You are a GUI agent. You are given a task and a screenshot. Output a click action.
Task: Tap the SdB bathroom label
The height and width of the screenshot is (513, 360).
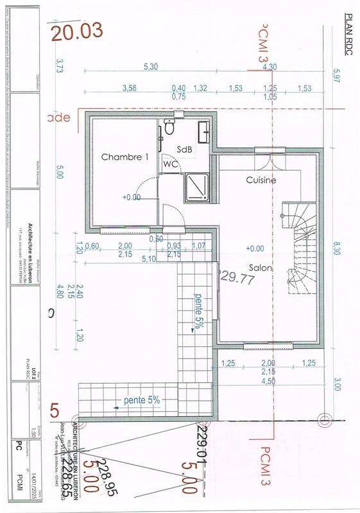[185, 149]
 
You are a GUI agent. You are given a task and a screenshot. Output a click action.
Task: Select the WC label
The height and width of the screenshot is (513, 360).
[171, 164]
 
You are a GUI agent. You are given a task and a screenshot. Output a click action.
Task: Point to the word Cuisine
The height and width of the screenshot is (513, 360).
[261, 180]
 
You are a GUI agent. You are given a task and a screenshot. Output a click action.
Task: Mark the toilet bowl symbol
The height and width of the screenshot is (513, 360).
[169, 128]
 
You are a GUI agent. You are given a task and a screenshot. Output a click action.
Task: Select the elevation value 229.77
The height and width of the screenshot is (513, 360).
[238, 278]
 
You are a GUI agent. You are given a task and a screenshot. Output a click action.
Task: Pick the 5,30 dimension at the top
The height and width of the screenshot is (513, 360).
[151, 67]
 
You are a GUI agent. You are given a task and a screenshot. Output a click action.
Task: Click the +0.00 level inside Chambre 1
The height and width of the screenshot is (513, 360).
[131, 198]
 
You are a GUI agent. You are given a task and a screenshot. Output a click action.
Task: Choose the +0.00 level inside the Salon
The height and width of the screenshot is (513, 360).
[255, 248]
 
